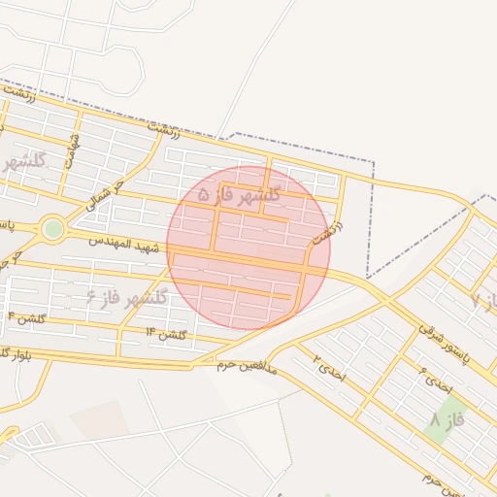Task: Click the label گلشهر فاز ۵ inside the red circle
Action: point(239,194)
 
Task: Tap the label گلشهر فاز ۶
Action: point(126,294)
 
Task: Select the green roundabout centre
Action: point(52,229)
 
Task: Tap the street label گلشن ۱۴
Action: point(165,334)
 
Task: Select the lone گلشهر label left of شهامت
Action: point(23,161)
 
